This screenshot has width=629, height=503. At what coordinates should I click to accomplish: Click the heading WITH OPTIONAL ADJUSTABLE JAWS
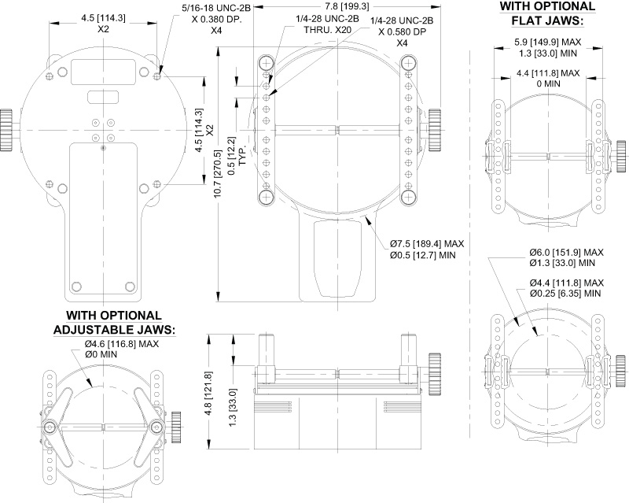pos(113,323)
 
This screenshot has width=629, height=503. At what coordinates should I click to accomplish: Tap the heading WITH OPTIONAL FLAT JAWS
pos(547,13)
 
